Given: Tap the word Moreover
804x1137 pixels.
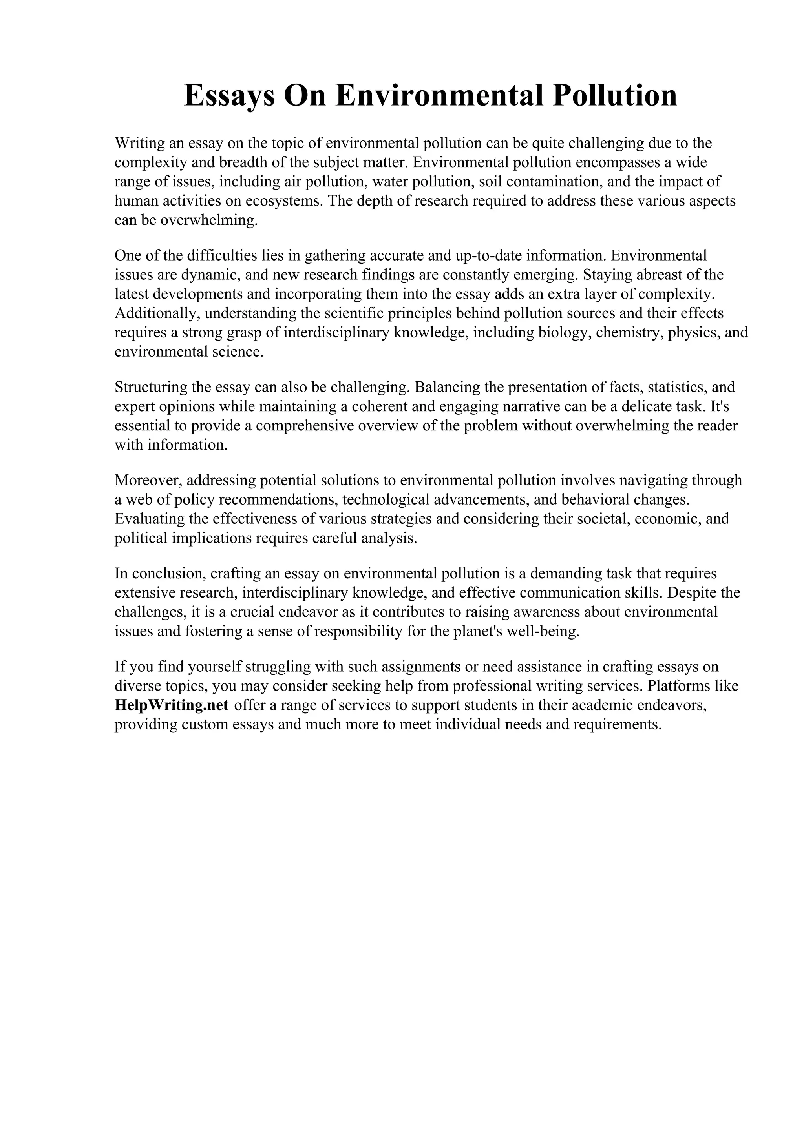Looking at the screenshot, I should pos(149,480).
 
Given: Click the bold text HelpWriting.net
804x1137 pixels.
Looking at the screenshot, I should pos(172,705).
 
